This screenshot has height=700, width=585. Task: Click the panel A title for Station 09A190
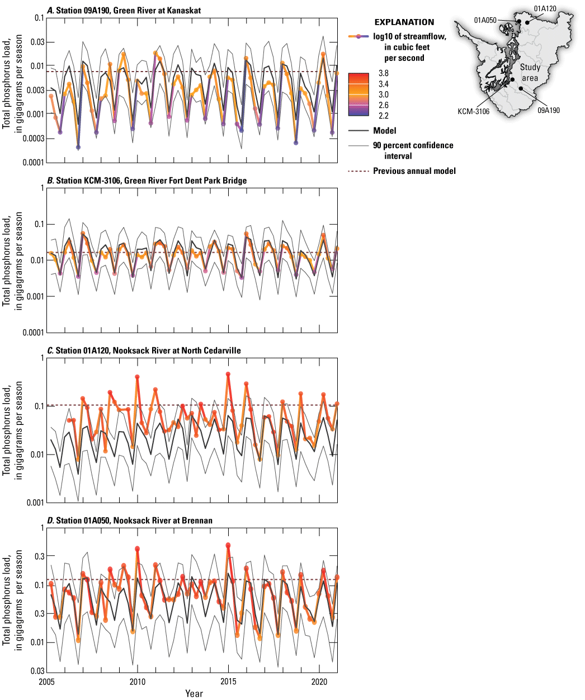124,11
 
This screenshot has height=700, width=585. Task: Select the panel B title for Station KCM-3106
147,180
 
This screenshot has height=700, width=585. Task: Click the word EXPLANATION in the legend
404,22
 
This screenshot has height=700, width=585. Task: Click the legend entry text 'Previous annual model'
414,171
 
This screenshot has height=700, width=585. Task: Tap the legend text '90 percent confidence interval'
413,150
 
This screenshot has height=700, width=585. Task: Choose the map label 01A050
485,20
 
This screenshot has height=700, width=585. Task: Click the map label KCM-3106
473,111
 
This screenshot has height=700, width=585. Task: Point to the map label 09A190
548,110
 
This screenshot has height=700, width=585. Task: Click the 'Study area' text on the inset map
530,73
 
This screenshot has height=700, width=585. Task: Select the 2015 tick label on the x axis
228,682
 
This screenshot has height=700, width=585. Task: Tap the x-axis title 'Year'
194,693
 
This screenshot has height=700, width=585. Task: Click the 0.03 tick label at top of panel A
36,42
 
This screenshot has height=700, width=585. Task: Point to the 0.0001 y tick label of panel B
31,332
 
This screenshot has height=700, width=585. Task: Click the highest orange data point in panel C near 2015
228,374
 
